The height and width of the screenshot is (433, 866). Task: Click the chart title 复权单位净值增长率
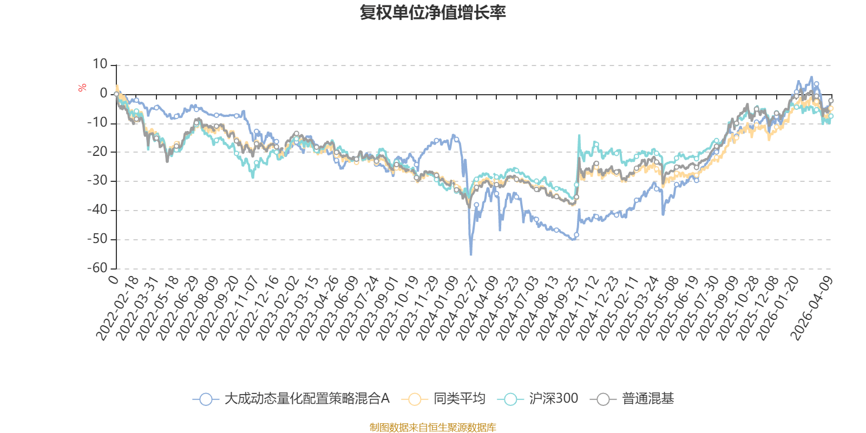[432, 12]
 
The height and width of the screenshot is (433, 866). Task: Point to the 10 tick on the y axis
[100, 64]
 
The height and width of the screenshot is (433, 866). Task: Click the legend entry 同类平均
[444, 399]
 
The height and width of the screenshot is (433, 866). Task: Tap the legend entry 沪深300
[541, 399]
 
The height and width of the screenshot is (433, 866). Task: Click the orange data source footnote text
[432, 428]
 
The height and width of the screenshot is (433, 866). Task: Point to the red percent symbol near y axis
[82, 88]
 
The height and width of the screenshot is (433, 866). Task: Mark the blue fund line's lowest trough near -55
[471, 255]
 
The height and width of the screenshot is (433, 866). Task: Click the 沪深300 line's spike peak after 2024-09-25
[579, 135]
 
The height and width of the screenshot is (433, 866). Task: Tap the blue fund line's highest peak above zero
[811, 77]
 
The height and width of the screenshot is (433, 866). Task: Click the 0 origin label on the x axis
[113, 280]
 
